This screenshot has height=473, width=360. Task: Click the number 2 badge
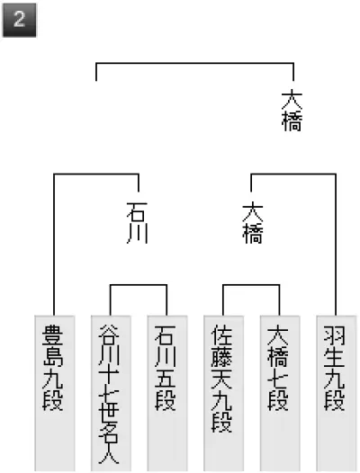[x=19, y=20]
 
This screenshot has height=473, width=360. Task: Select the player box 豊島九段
[x=54, y=394]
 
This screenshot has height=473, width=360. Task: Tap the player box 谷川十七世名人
[x=111, y=394]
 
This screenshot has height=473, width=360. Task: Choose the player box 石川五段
[x=167, y=394]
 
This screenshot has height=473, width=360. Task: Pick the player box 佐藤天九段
[x=223, y=394]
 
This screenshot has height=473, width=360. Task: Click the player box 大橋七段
[x=280, y=394]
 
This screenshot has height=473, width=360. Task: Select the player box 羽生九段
[x=336, y=394]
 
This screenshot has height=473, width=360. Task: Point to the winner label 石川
[x=137, y=223]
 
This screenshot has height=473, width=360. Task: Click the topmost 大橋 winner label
[x=292, y=112]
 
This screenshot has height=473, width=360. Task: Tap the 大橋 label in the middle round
[x=253, y=223]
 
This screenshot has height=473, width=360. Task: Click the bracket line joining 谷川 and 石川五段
[x=139, y=285]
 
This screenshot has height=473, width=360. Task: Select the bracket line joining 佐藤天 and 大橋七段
[x=251, y=285]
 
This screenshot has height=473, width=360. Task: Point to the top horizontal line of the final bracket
[x=194, y=63]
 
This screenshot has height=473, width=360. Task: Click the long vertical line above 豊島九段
[x=54, y=245]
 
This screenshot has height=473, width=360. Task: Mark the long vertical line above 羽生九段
[x=336, y=245]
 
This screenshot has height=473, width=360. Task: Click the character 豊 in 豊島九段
[x=52, y=335]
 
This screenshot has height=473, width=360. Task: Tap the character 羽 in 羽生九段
[x=334, y=335]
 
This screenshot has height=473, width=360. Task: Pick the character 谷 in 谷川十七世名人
[x=109, y=335]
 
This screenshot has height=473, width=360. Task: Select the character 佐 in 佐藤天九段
[x=221, y=335]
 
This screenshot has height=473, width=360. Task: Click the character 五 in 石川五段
[x=166, y=379]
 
